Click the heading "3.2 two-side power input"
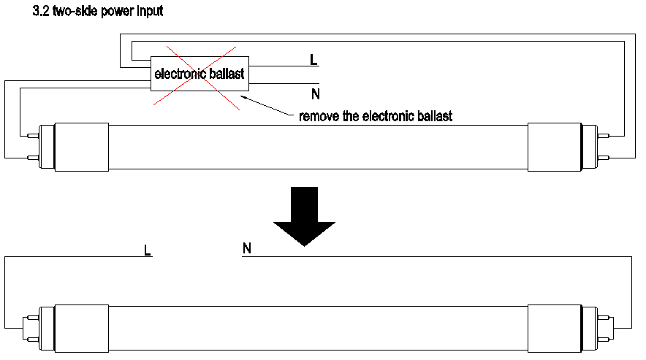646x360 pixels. click(x=98, y=12)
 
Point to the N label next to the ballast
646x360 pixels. click(x=315, y=93)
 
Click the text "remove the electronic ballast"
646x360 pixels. click(x=376, y=116)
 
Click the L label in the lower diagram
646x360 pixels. click(x=148, y=250)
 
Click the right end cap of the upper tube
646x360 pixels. click(x=552, y=146)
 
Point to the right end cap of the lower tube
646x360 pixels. click(x=552, y=329)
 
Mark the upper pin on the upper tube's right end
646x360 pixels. click(x=604, y=135)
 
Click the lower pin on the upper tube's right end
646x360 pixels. click(x=604, y=158)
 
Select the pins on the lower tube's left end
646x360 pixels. click(x=31, y=329)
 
